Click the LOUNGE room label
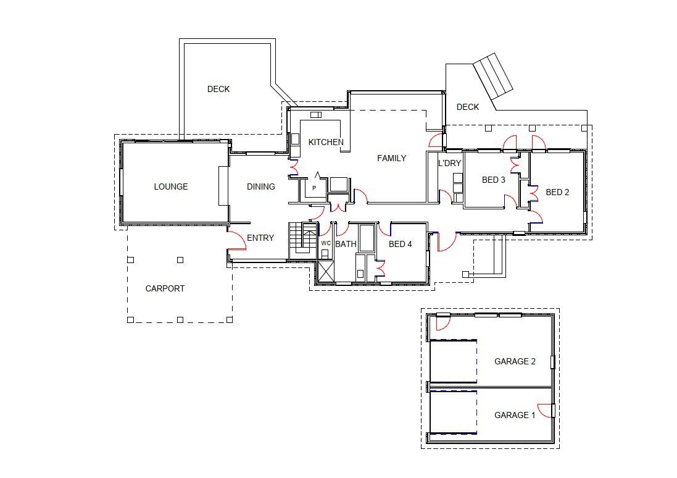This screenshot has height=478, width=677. point(171,187)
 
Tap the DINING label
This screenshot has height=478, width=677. point(261,187)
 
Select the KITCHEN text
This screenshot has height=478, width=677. point(326,142)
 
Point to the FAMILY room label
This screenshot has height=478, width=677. point(392,158)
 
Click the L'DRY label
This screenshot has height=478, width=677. point(449,163)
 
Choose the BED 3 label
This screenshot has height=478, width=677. point(494,180)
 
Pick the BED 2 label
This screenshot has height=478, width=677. point(557,192)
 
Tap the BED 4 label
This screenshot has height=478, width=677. point(401,244)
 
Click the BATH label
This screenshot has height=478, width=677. point(346,244)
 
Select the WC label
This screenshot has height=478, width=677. point(326,243)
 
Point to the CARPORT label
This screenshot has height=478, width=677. point(165,288)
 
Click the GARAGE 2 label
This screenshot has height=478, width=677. point(515,361)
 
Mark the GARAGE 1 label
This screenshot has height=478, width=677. point(515,416)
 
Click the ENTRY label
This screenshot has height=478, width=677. point(260,238)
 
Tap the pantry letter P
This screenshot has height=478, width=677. point(314,188)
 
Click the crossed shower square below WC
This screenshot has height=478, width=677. point(326,271)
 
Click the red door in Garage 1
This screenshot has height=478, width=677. point(545,411)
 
